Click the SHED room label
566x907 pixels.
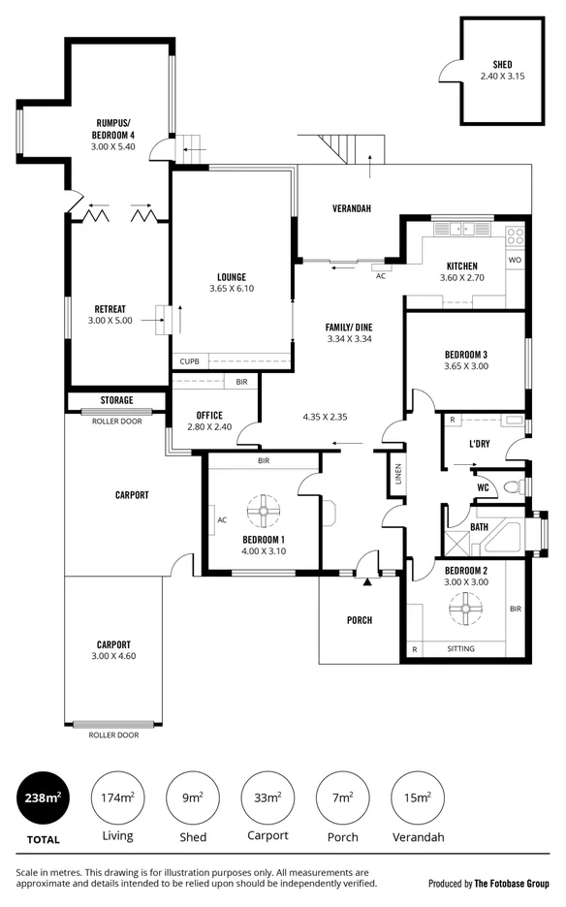501,64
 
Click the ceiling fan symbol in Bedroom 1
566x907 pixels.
262,511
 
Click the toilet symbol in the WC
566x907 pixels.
516,486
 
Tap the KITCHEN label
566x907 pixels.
461,266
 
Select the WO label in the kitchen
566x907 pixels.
515,261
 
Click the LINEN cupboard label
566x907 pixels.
397,474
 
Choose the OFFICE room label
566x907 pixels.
209,415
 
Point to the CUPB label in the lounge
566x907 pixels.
188,361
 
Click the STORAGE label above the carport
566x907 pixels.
116,400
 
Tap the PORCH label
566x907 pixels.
360,620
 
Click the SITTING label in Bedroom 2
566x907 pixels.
460,649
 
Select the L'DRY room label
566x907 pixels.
478,443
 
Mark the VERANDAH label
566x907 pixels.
352,209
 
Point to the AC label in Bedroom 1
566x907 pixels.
222,519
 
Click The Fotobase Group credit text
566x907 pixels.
512,884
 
